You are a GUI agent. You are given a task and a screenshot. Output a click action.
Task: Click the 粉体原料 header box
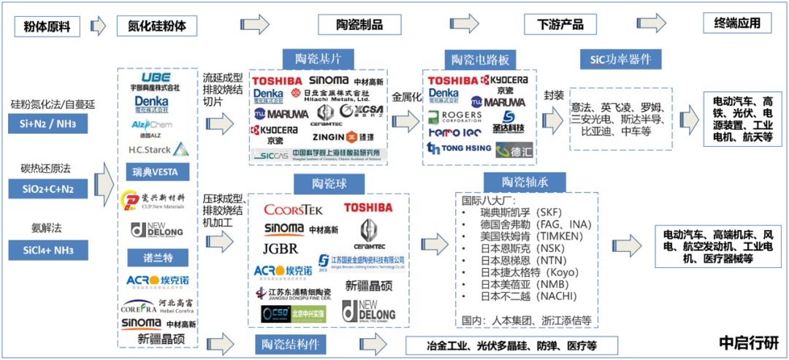47,26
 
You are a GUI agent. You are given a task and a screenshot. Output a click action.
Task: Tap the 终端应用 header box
737,23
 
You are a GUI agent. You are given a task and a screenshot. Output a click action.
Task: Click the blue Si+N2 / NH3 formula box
49,125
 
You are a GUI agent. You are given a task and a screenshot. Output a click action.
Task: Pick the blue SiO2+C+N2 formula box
49,189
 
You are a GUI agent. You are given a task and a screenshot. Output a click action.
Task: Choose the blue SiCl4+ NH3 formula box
49,250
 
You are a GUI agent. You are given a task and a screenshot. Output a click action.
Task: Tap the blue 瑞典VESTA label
156,172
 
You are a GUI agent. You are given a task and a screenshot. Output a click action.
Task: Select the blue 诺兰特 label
156,257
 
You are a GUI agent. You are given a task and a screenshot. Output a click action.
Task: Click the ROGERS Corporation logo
455,116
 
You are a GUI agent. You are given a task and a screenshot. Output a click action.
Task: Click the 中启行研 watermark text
749,342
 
